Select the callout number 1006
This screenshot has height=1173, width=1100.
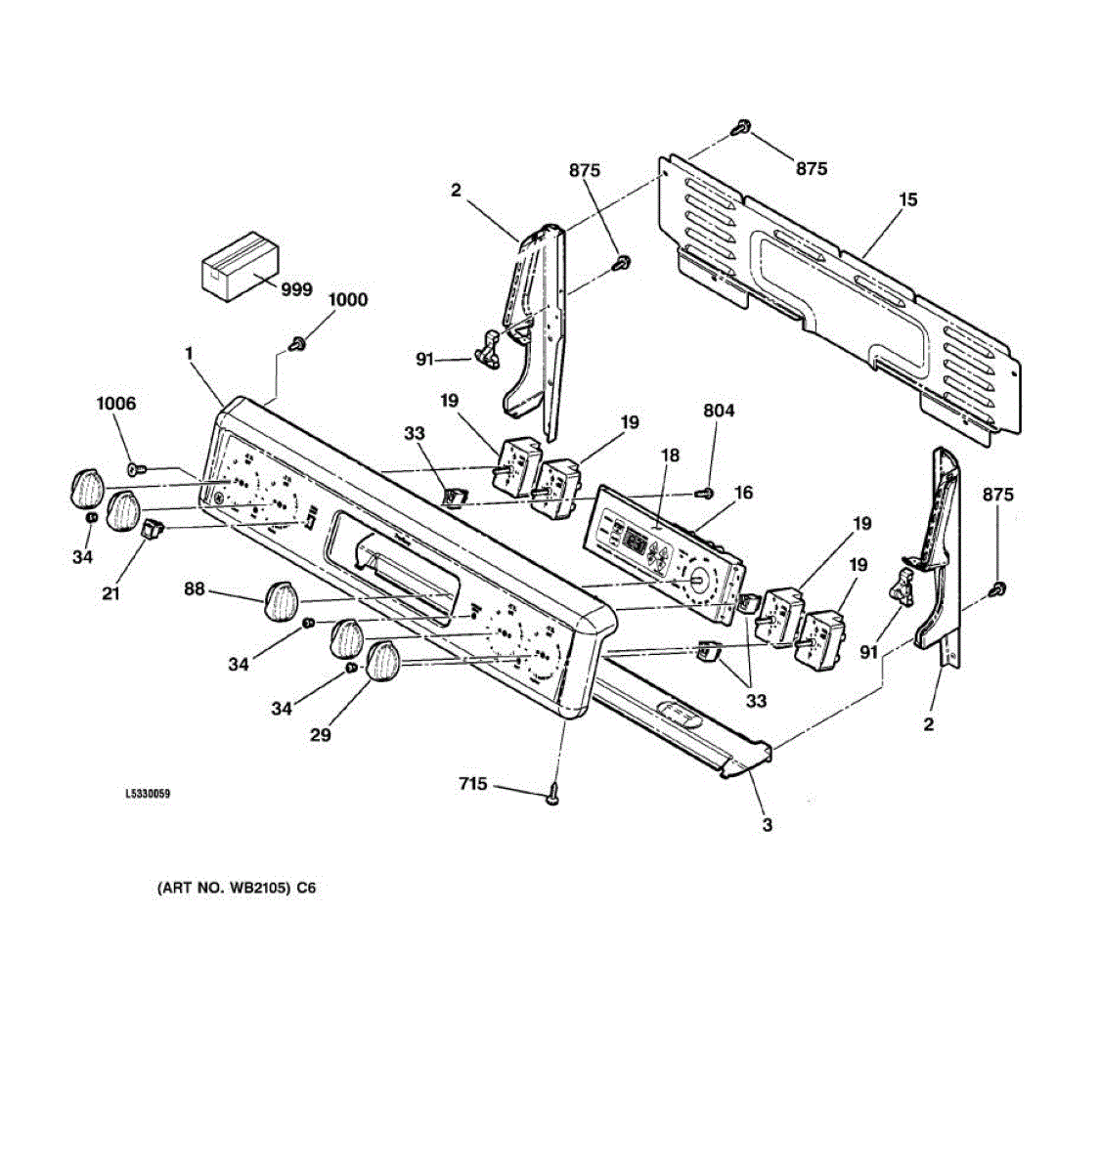115,404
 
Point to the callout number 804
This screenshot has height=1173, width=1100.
718,412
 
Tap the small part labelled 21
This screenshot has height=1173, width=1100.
149,530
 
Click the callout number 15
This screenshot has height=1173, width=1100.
907,200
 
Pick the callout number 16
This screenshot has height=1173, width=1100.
744,493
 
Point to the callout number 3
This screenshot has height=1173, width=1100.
767,825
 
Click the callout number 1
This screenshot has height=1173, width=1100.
189,355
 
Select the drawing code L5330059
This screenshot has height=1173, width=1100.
148,795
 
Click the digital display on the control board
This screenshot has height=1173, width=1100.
638,543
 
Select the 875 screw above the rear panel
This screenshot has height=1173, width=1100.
742,127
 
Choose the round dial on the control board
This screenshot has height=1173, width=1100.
696,581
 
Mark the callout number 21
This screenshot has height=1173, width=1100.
111,593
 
